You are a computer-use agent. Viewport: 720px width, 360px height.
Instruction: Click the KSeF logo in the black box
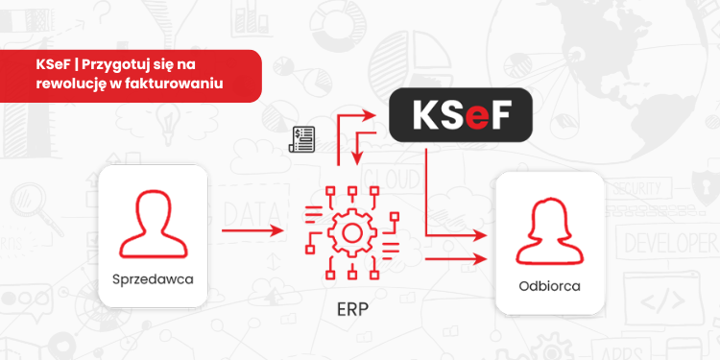(x=460, y=117)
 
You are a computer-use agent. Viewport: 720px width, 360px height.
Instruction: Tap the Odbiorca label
(x=548, y=285)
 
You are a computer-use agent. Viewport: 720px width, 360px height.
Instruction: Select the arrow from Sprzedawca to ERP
(x=252, y=231)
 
